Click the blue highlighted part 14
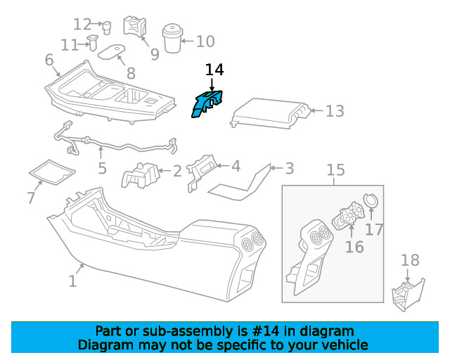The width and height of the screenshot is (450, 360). (205, 105)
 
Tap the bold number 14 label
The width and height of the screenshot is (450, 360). (214, 70)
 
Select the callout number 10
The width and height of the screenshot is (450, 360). (205, 41)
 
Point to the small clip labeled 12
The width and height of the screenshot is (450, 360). (107, 27)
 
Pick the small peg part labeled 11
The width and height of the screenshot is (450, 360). (93, 42)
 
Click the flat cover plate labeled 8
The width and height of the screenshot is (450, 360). (111, 51)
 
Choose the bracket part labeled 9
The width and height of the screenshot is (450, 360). (134, 27)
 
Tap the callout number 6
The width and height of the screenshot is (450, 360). (49, 60)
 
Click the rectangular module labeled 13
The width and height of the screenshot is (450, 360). (270, 114)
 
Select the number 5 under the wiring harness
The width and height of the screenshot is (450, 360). (103, 168)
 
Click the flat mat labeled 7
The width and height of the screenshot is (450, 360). (52, 172)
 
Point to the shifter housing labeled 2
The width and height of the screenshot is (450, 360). (141, 175)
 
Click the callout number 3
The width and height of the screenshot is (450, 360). (289, 169)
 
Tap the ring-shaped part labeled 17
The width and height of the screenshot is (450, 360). (371, 200)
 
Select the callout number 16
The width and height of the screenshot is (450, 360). (354, 247)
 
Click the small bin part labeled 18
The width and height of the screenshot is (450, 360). (408, 295)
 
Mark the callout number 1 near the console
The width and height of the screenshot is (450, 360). (72, 281)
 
